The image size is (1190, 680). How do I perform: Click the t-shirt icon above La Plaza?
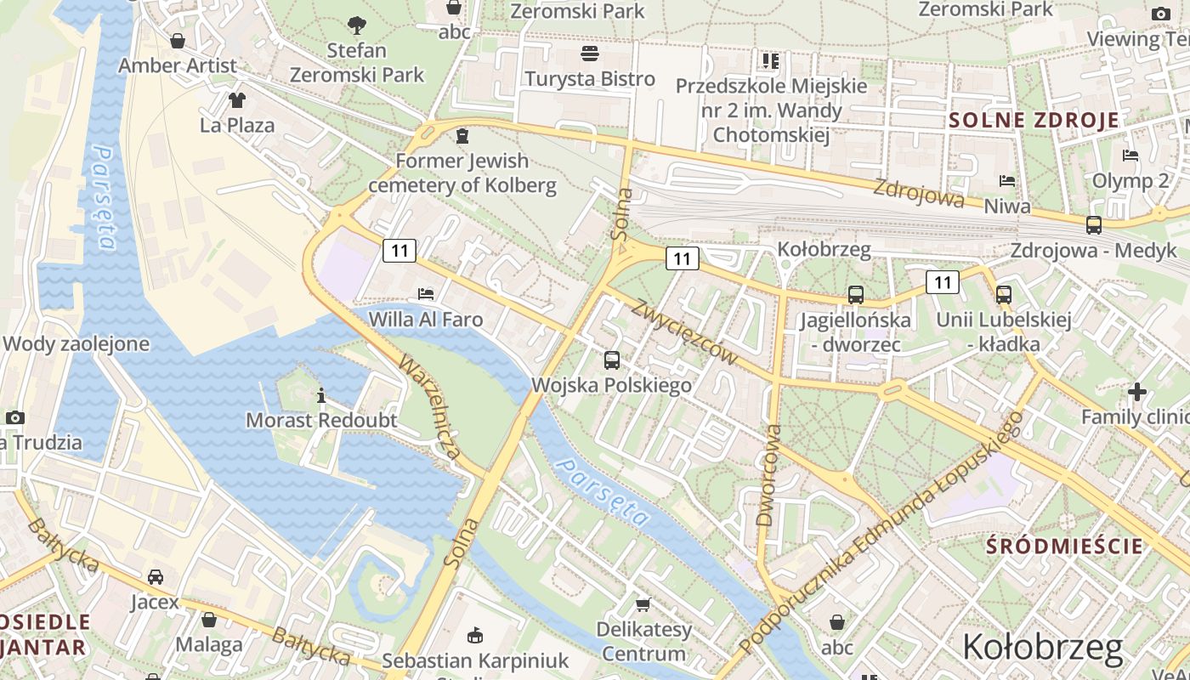(236, 100)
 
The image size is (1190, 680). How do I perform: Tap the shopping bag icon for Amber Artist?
(178, 40)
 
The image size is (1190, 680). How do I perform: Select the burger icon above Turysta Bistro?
(590, 54)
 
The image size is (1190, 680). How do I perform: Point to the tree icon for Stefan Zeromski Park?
(357, 25)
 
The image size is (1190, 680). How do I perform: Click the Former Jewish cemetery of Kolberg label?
(462, 173)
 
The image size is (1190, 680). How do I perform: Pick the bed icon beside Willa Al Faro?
(426, 294)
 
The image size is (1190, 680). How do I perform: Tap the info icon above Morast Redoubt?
(321, 395)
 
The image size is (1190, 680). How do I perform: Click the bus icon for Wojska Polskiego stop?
(612, 360)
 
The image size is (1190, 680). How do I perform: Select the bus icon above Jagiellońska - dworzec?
(855, 295)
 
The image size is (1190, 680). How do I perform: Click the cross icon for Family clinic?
(1137, 392)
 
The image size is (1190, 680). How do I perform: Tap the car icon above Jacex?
(156, 577)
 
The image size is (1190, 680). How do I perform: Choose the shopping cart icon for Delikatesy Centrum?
(643, 604)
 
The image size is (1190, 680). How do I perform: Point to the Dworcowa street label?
(768, 475)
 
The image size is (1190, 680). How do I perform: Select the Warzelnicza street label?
(431, 408)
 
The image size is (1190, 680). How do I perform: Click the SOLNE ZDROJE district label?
(1034, 120)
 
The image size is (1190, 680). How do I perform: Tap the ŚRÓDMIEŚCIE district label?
(1064, 546)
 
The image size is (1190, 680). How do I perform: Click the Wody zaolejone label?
(76, 344)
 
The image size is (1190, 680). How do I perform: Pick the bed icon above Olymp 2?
(1130, 155)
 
